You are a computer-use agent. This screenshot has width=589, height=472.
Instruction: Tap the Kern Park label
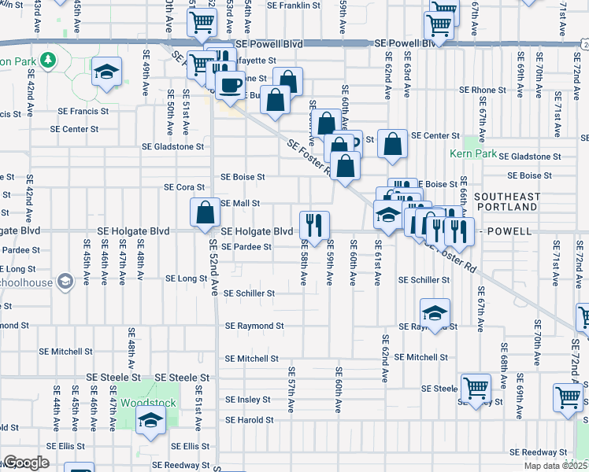473,153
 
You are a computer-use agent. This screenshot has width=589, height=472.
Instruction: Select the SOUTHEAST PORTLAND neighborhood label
507,201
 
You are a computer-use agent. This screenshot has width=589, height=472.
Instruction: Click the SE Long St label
186,278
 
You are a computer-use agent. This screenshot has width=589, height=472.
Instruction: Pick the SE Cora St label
184,187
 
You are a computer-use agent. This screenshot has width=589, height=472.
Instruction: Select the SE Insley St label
247,400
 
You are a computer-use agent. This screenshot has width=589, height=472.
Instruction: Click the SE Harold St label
248,420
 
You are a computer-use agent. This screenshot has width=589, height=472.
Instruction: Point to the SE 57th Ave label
291,382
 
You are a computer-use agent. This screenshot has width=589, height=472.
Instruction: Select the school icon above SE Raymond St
435,312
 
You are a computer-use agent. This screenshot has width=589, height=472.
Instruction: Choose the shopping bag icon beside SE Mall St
205,212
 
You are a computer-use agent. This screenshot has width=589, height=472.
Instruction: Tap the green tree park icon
48,60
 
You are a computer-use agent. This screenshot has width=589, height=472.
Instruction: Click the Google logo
26,463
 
